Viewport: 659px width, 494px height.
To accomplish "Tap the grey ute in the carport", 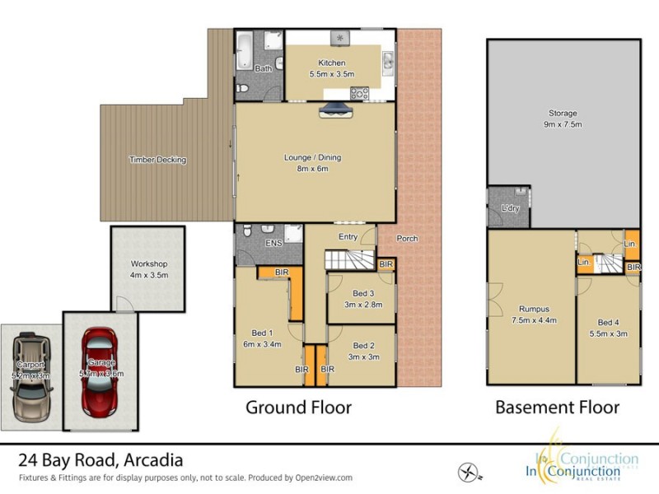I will [x=30, y=375].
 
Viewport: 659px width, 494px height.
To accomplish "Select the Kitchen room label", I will [x=331, y=63].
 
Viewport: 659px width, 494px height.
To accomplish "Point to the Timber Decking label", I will [x=158, y=160].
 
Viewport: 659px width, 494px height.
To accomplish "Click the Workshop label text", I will [x=148, y=264].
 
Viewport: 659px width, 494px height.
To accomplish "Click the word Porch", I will [x=407, y=239].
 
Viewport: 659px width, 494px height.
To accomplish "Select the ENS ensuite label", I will [x=272, y=245].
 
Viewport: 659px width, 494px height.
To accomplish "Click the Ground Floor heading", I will [x=299, y=407].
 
